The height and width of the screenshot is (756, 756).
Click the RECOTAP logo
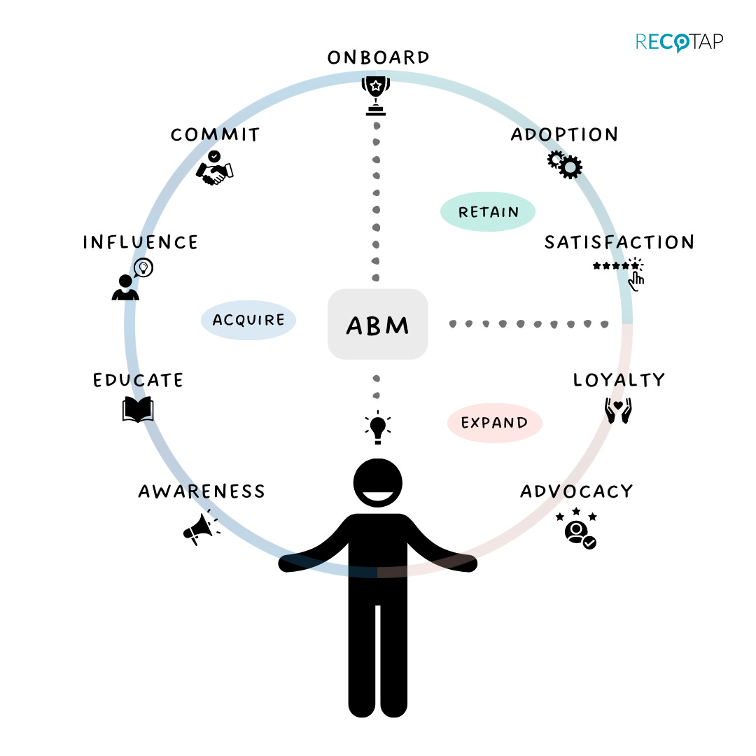(x=679, y=41)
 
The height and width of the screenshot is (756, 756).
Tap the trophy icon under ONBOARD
(x=377, y=95)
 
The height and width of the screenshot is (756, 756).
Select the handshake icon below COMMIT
(x=215, y=169)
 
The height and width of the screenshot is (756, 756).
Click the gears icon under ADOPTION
(x=565, y=164)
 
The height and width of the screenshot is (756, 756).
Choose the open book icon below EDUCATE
(x=138, y=409)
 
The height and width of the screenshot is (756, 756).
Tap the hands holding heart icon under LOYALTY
(x=618, y=411)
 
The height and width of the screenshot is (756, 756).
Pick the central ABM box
(x=378, y=325)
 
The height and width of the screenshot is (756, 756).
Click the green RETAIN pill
(x=488, y=211)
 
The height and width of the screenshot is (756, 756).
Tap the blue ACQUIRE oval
(x=248, y=320)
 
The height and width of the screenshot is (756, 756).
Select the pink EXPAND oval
(x=495, y=423)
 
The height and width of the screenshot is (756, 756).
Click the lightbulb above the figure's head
(x=378, y=427)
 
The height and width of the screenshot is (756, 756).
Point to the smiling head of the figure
(x=378, y=484)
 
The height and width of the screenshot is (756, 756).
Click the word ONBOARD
(x=379, y=57)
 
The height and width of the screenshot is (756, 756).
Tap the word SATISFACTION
(x=619, y=242)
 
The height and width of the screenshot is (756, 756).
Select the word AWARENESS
(x=202, y=491)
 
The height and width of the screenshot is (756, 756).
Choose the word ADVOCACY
(x=576, y=491)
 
